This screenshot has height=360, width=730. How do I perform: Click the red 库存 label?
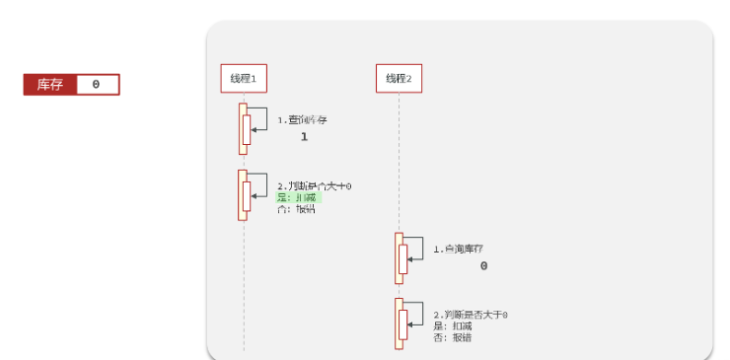coord(50,85)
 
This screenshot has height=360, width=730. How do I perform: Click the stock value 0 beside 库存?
coord(96,85)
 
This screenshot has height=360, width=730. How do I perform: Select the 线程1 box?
coord(243,78)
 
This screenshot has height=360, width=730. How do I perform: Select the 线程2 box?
coord(399,78)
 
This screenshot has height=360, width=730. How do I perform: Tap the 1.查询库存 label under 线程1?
coord(302,119)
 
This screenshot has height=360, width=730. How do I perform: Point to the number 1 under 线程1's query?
coord(304,137)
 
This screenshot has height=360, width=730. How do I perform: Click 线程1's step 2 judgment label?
coord(314,185)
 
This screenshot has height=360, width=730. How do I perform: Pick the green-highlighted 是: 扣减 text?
coord(298,197)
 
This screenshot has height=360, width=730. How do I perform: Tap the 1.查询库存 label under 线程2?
coord(458,249)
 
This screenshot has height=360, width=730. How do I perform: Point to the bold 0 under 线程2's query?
coord(483,266)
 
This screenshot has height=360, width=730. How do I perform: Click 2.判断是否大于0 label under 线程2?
coord(470,315)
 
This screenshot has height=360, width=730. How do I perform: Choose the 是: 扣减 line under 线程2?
coord(453,326)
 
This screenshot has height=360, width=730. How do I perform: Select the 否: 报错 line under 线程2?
coord(453,338)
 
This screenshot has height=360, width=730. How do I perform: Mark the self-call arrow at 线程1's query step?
coord(258,117)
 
